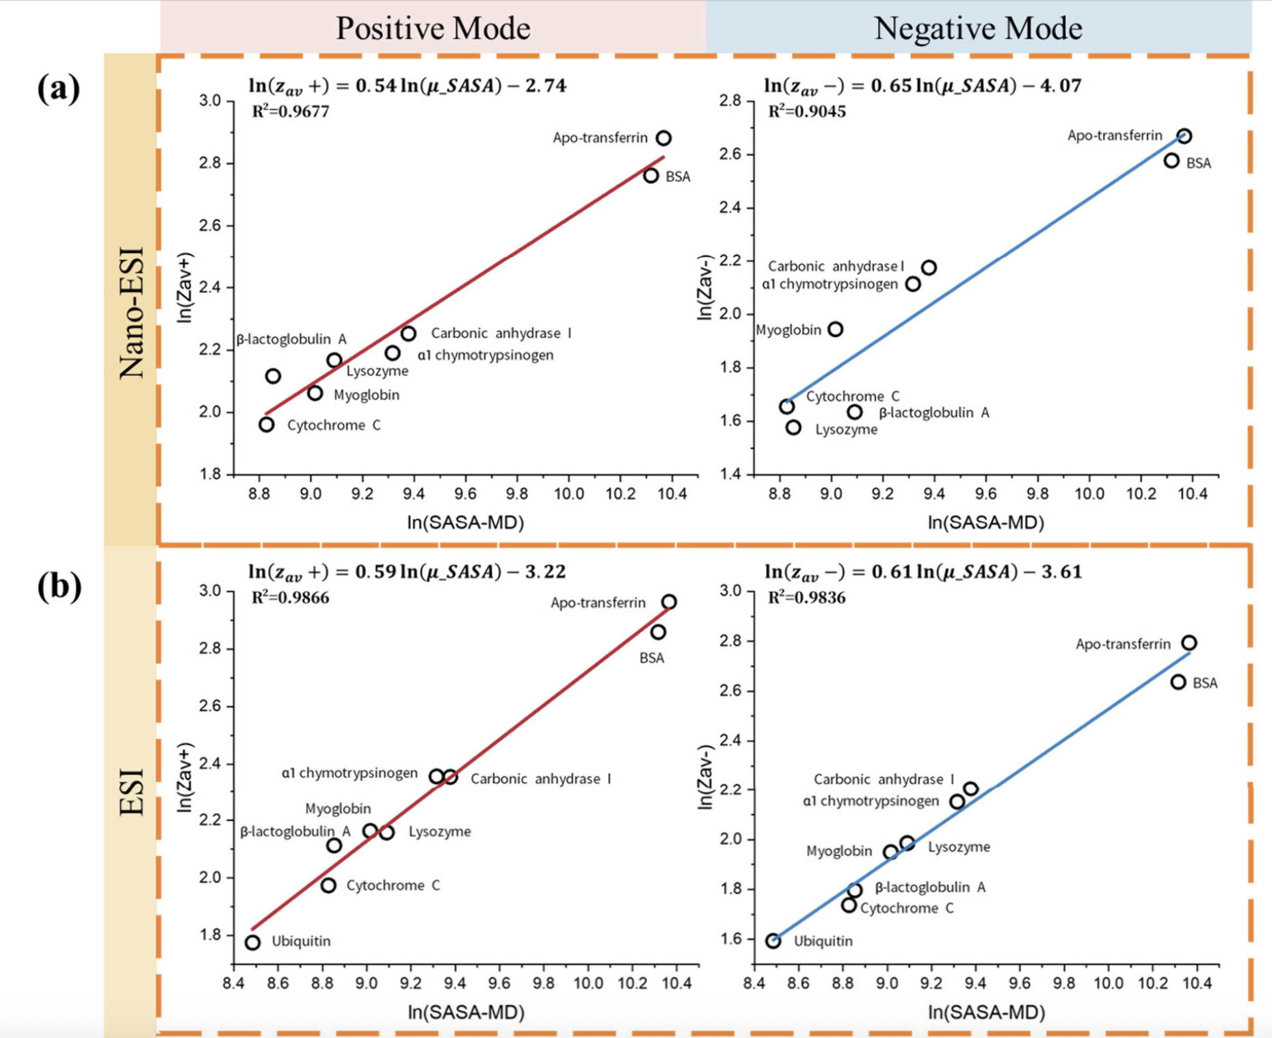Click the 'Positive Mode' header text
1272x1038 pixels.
[x=433, y=28]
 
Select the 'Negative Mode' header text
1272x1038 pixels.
[x=978, y=28]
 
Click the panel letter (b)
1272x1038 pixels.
[x=59, y=586]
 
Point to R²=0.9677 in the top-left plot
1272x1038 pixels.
[x=291, y=111]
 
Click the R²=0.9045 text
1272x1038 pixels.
[x=807, y=111]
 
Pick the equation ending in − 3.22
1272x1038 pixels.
[x=407, y=572]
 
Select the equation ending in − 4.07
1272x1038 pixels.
[x=923, y=86]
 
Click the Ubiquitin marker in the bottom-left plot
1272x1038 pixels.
[x=252, y=942]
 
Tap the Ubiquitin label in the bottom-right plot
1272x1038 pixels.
[x=823, y=942]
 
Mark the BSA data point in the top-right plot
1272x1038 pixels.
[x=1171, y=161]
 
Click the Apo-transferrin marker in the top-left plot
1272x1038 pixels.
[x=663, y=138]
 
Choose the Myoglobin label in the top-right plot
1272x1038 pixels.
[x=788, y=330]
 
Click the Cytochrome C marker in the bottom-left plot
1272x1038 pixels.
[x=328, y=886]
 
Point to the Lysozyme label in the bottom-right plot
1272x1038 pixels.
[x=959, y=847]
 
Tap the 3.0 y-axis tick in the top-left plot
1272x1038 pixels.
[x=211, y=101]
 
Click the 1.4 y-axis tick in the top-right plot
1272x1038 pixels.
[x=730, y=474]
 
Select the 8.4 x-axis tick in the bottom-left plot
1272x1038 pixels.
[x=234, y=983]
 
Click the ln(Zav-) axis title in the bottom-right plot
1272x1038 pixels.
[x=705, y=777]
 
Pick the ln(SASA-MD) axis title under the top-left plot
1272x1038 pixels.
[x=466, y=523]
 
